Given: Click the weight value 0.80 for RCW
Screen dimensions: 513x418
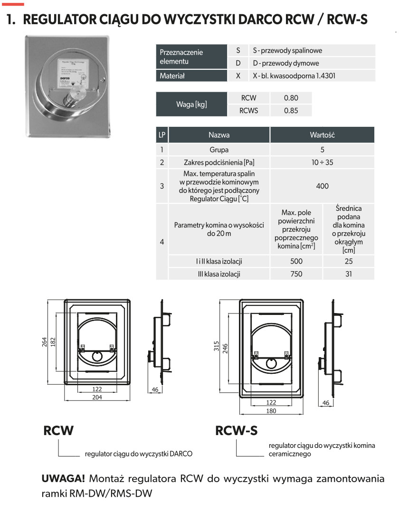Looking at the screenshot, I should (291, 98).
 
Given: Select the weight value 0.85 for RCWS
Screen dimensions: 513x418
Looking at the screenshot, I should (291, 111).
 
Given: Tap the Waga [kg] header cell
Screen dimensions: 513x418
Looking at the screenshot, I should (191, 104).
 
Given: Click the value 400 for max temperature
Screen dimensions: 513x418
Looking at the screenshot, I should (322, 186).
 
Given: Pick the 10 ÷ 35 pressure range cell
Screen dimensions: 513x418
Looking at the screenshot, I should (322, 162).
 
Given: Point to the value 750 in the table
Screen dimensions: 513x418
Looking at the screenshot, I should (296, 274).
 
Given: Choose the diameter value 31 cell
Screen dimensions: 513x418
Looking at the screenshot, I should (349, 274).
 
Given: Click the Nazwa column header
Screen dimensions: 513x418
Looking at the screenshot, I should (219, 135).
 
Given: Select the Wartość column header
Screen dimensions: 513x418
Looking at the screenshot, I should (322, 135).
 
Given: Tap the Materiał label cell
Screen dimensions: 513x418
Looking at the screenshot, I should (172, 76).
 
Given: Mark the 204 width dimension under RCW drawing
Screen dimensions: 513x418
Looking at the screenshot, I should (97, 398).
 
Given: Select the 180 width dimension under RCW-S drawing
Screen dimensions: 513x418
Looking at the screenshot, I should (271, 411).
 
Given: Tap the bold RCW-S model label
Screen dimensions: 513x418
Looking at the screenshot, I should (237, 430).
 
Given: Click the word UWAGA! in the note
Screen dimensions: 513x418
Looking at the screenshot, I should (63, 478).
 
